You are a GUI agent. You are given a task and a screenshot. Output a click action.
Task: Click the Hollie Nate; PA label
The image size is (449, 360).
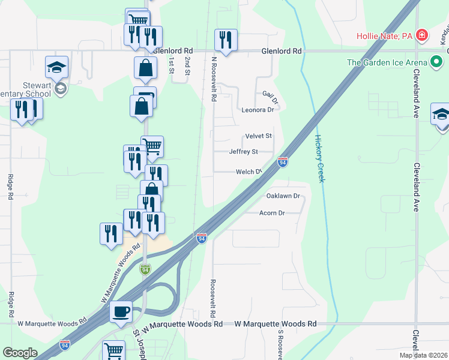385,36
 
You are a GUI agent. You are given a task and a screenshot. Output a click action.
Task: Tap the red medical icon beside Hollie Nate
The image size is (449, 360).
423,35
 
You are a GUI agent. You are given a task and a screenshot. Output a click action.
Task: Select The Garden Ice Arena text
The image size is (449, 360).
387,62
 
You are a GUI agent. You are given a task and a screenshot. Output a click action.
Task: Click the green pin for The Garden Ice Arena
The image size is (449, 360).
438,61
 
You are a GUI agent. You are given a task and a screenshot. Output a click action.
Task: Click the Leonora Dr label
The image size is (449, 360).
258,110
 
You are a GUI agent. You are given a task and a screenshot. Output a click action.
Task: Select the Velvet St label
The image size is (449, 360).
259,136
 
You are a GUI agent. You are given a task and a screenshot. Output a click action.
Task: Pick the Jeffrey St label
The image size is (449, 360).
243,152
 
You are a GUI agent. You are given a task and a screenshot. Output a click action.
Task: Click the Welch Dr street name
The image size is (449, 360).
249,172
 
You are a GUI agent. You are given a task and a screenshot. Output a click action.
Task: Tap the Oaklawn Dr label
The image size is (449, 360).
283,196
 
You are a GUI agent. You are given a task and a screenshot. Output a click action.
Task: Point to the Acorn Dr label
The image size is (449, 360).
272,213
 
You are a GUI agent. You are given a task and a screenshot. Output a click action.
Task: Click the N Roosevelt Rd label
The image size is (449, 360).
213,79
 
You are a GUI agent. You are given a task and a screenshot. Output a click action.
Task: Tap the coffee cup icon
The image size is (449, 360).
121,311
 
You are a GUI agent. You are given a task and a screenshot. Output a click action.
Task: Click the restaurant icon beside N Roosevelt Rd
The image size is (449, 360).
226,40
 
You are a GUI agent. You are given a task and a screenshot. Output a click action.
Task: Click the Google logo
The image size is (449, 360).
20,353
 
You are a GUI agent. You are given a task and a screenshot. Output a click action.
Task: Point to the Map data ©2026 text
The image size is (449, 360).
424,355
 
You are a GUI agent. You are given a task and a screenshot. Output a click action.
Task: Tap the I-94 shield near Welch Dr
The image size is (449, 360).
283,162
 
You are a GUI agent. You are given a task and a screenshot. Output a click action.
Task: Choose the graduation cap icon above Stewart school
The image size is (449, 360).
57,67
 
